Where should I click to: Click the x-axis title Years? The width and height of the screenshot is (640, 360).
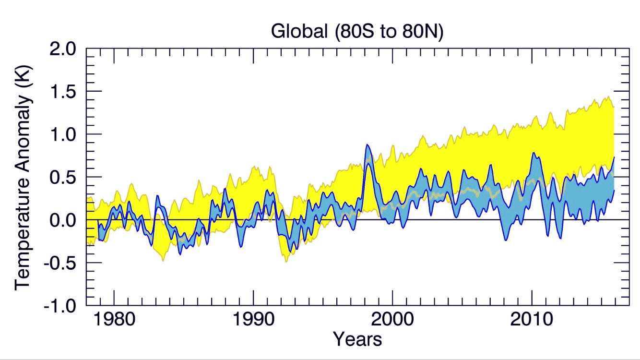pos(357,339)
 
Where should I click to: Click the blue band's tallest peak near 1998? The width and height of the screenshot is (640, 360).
pos(367,145)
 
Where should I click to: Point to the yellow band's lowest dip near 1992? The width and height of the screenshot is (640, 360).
pos(286,261)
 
